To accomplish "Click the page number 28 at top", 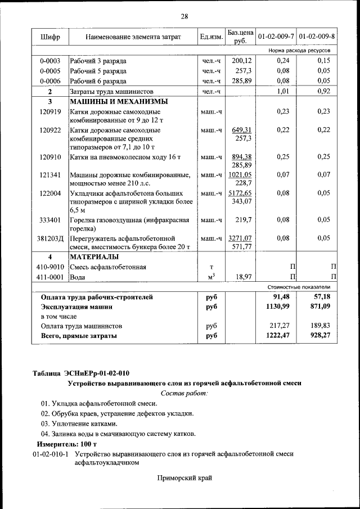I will [184, 16].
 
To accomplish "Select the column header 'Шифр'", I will [50, 37].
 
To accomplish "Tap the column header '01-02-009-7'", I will [276, 37].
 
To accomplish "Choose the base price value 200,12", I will [241, 60].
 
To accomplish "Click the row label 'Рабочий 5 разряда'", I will [98, 71].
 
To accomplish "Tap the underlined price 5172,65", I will [240, 193].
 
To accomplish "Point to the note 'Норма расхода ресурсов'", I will [299, 51].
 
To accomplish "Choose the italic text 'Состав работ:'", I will [184, 393].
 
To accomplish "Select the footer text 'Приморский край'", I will [184, 478].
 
